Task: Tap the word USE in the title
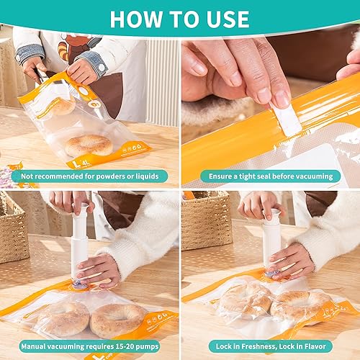tap(224, 19)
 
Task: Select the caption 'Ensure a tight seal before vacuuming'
tap(270, 176)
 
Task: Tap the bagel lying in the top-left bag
tap(89, 145)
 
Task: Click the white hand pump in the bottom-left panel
tap(79, 245)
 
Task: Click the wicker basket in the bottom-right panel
tap(206, 223)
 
